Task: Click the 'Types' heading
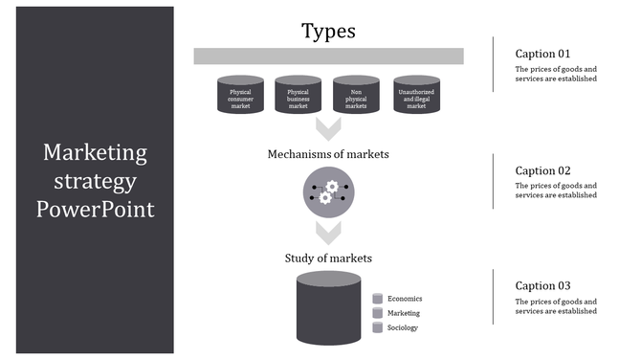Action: tap(328, 31)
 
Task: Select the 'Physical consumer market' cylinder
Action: tap(240, 96)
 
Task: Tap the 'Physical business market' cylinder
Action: tap(298, 96)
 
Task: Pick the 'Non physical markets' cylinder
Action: tap(356, 96)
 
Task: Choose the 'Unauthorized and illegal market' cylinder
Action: tap(416, 96)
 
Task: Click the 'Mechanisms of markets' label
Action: tap(328, 153)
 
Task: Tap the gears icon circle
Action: tap(328, 191)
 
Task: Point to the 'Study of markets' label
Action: tap(328, 258)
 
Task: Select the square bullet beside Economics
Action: tap(378, 299)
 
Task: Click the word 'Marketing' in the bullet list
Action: tap(403, 313)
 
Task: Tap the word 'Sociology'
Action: tap(403, 327)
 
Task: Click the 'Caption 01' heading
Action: tap(542, 54)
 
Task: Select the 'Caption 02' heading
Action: tap(542, 169)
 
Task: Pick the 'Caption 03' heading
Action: tap(542, 285)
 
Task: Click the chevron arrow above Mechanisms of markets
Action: tap(328, 128)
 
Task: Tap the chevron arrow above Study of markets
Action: tap(328, 232)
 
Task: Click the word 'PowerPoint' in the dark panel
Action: tap(96, 208)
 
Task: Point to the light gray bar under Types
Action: tap(328, 56)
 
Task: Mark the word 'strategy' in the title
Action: tap(96, 180)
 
